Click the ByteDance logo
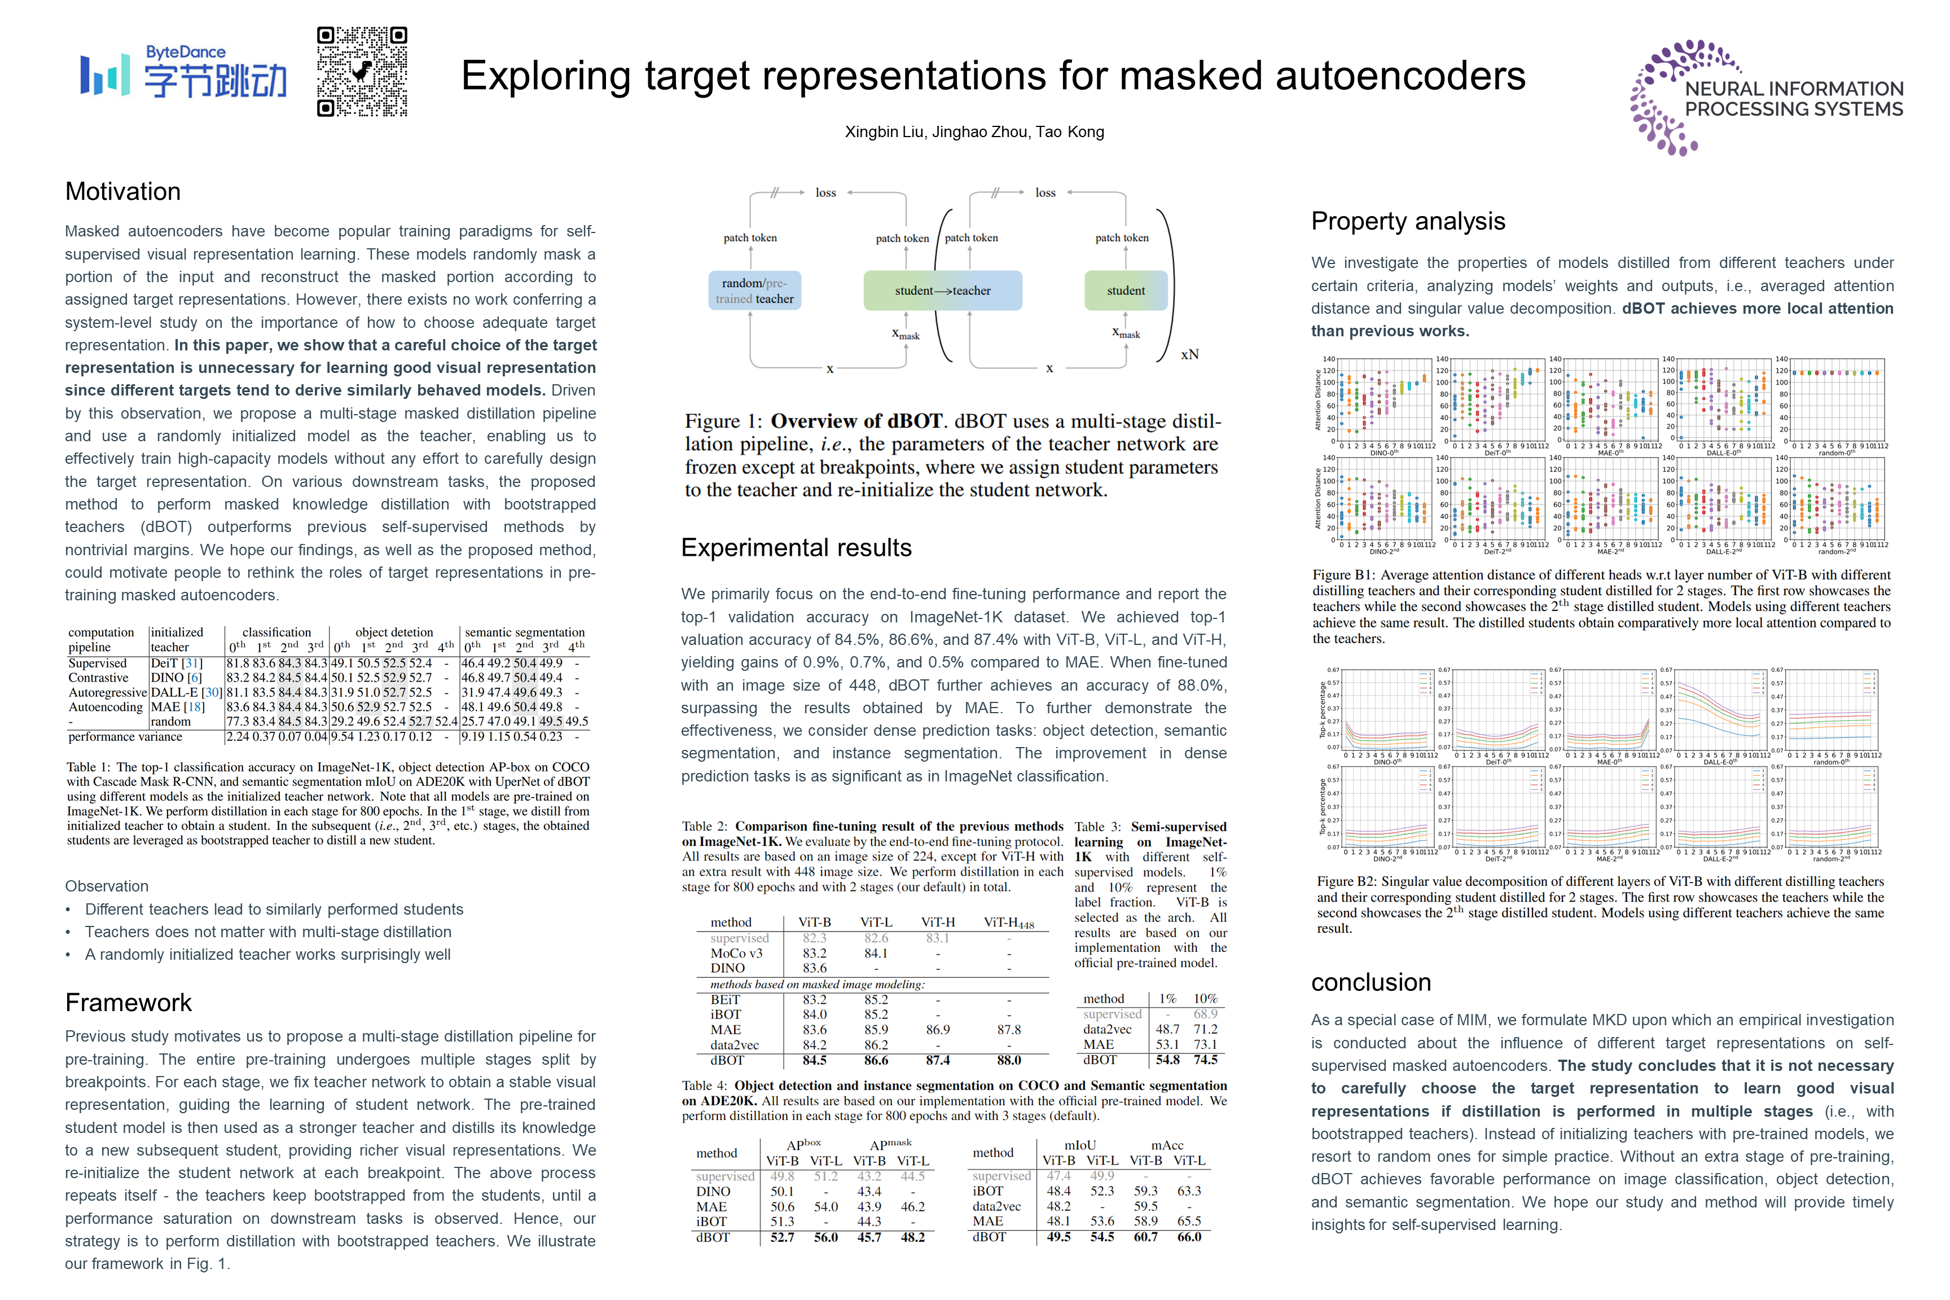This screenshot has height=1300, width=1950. pyautogui.click(x=183, y=73)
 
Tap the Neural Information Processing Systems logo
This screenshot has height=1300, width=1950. pyautogui.click(x=1766, y=97)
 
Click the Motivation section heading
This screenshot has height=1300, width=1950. pyautogui.click(x=122, y=191)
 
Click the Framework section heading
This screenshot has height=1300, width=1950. pyautogui.click(x=129, y=1002)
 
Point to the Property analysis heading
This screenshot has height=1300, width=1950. pyautogui.click(x=1408, y=221)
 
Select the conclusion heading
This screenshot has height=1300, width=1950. pyautogui.click(x=1371, y=982)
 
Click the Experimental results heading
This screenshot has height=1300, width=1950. pyautogui.click(x=796, y=547)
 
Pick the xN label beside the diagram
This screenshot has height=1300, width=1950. pyautogui.click(x=1190, y=355)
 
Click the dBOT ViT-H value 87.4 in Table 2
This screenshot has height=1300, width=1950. pyautogui.click(x=938, y=1060)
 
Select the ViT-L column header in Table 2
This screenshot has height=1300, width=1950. pyautogui.click(x=876, y=923)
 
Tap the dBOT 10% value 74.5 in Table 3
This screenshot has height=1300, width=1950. pyautogui.click(x=1205, y=1060)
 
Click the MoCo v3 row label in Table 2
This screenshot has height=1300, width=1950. pyautogui.click(x=736, y=954)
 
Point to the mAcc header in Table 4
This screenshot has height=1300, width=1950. pyautogui.click(x=1166, y=1145)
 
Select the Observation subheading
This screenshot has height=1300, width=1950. pyautogui.click(x=107, y=886)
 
